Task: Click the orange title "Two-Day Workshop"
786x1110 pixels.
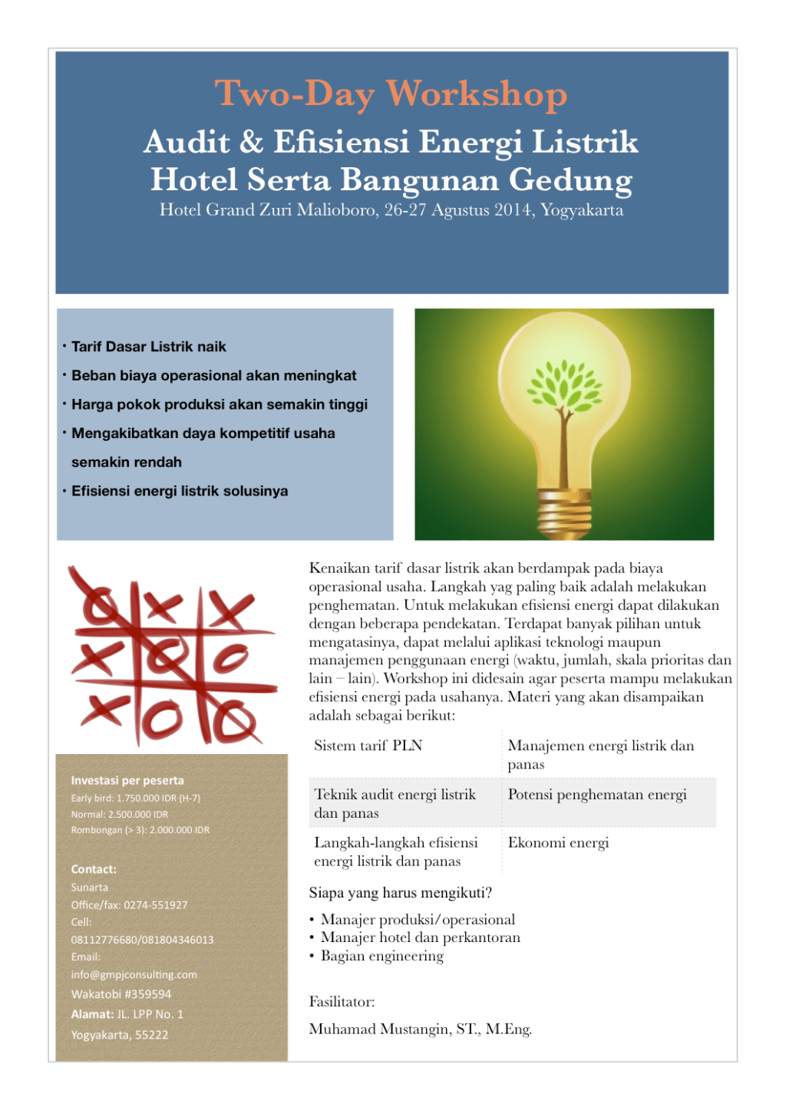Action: (391, 94)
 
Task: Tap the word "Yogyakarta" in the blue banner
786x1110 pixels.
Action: (582, 210)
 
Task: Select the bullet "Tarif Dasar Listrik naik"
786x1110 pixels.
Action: (149, 347)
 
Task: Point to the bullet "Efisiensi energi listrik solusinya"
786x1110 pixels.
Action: (180, 491)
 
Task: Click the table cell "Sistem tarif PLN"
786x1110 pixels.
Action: (368, 746)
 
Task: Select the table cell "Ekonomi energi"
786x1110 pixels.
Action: (558, 843)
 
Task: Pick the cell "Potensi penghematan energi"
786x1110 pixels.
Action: (597, 795)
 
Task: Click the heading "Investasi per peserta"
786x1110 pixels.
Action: (127, 780)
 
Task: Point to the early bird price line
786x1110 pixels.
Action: (136, 798)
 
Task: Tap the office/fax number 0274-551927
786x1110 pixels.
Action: (156, 905)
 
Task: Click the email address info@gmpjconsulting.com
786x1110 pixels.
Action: (134, 975)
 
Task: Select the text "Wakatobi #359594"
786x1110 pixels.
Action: (121, 994)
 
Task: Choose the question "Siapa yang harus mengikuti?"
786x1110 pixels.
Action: (401, 893)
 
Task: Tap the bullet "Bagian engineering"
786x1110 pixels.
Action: (382, 956)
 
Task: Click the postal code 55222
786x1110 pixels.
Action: (151, 1035)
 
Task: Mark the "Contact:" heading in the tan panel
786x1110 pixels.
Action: (94, 869)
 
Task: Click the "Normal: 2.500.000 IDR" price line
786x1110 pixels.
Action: (120, 814)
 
